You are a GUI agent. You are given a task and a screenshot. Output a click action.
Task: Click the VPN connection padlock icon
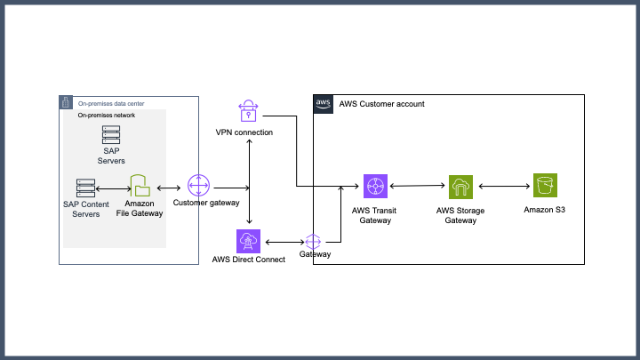click(247, 111)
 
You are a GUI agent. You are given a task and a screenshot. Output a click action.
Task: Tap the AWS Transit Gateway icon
click(375, 187)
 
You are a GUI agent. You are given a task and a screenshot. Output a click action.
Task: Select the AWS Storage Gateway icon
click(460, 187)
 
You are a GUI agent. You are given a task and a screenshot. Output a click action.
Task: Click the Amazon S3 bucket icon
click(544, 187)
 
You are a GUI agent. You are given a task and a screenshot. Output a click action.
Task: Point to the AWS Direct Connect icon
click(247, 241)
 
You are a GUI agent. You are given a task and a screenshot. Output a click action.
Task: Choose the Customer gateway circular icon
click(198, 188)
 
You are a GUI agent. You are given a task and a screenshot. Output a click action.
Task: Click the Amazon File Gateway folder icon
click(141, 187)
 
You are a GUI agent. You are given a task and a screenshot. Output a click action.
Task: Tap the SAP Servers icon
click(111, 135)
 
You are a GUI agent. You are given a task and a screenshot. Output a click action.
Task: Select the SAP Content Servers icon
click(86, 188)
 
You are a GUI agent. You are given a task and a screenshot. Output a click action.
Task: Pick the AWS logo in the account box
click(324, 104)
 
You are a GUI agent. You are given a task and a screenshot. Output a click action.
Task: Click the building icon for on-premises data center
click(66, 102)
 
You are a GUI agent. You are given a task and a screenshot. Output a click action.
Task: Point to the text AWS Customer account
click(382, 104)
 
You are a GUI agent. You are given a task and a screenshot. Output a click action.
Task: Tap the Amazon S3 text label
click(544, 210)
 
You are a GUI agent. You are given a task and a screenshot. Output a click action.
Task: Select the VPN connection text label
click(244, 132)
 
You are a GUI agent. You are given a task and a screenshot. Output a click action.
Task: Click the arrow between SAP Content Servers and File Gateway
click(113, 188)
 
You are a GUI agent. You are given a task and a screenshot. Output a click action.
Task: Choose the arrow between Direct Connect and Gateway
click(284, 241)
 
